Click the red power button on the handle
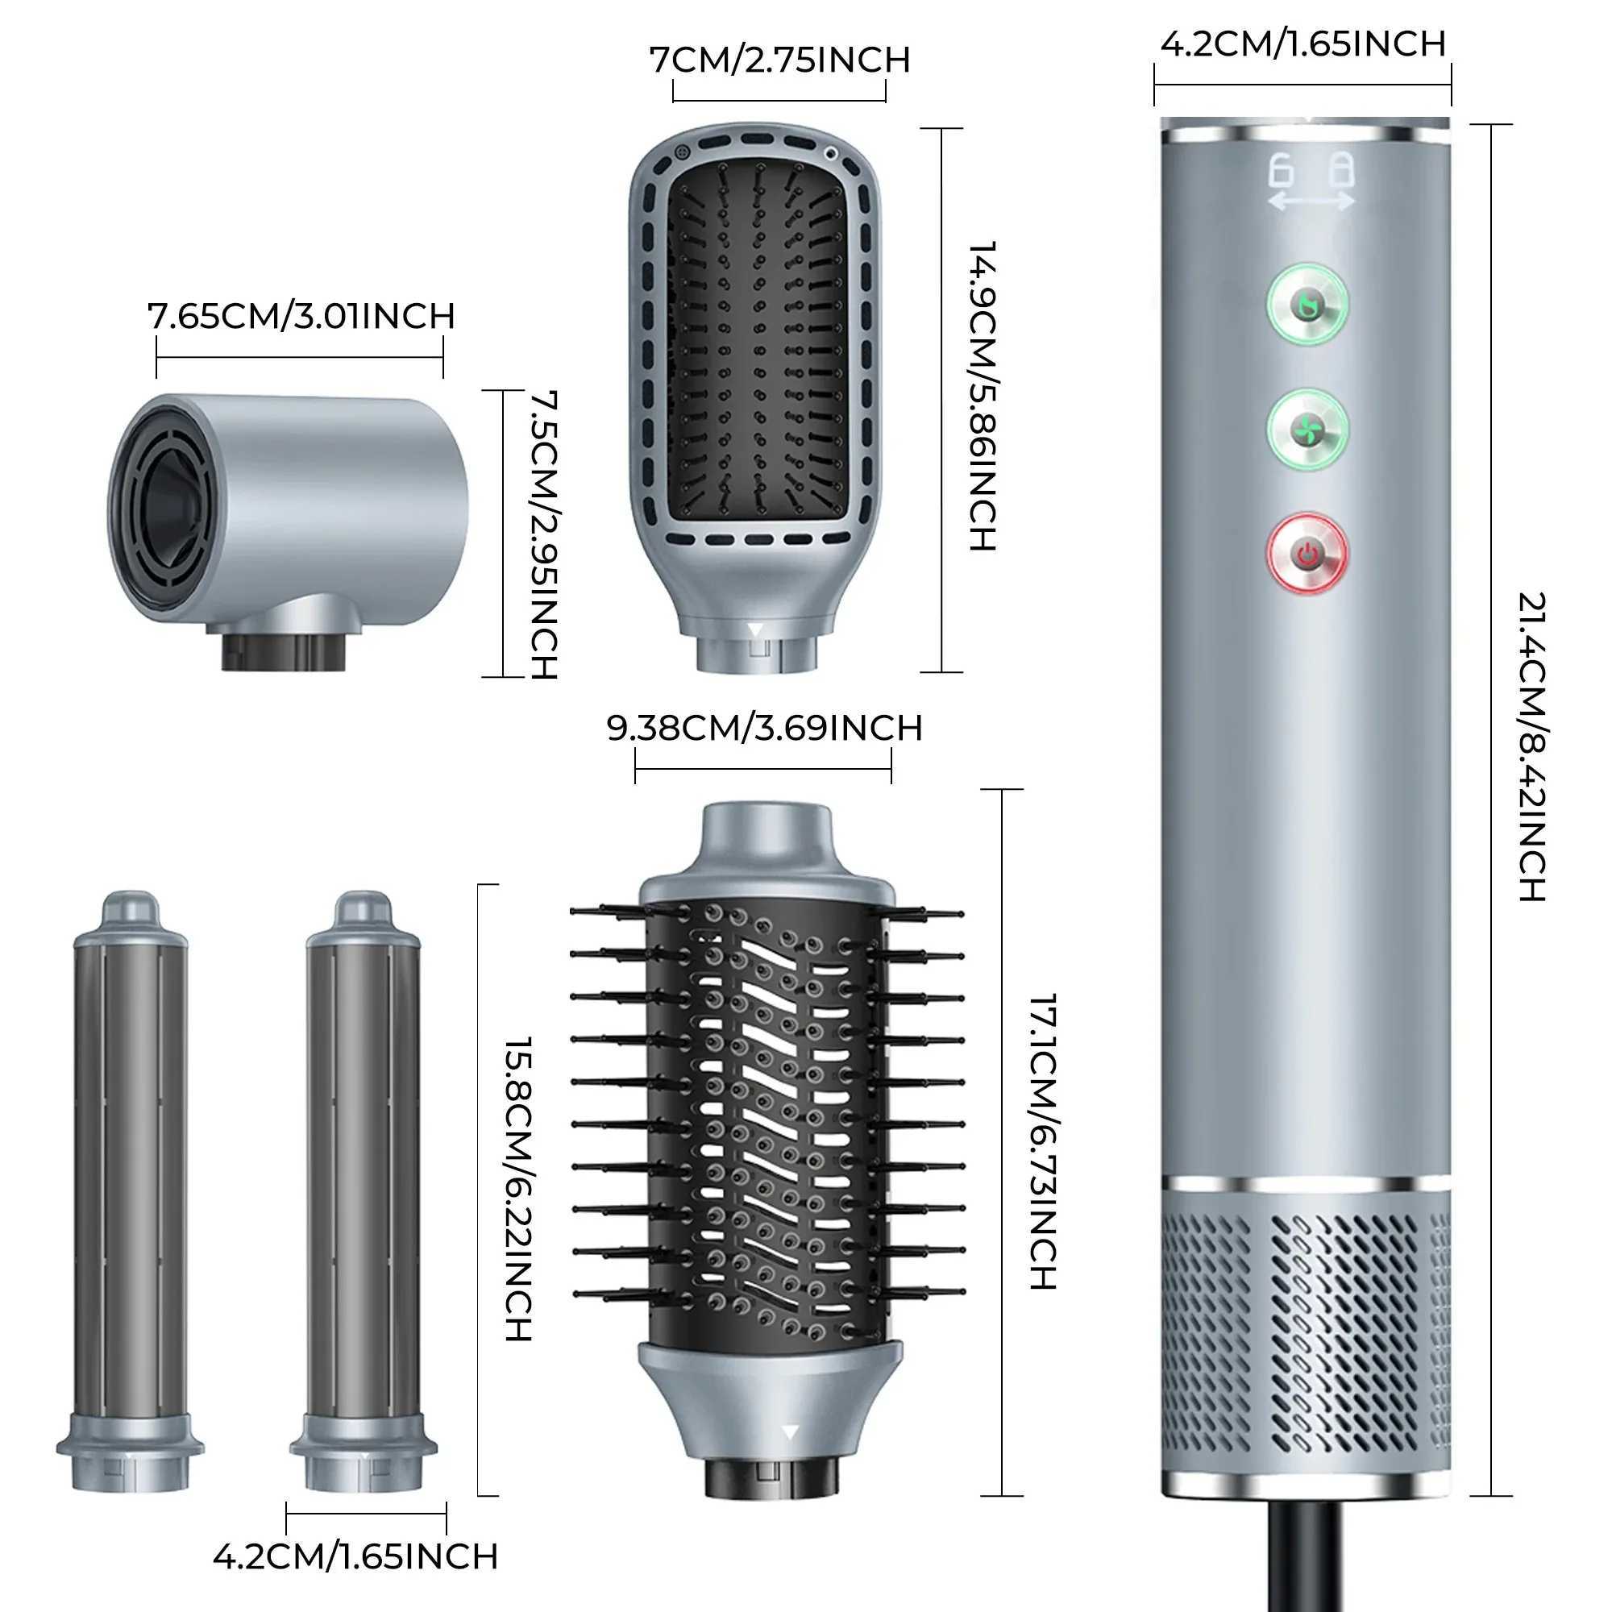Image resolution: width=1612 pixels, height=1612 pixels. [1307, 552]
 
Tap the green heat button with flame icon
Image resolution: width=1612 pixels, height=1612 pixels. [1307, 305]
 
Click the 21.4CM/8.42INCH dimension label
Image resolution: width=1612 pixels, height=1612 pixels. [1531, 747]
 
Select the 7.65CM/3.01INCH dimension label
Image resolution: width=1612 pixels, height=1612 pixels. [301, 317]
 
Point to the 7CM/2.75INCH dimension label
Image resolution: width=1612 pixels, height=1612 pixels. [779, 60]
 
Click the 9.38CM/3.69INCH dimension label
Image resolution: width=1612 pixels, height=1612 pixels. [764, 729]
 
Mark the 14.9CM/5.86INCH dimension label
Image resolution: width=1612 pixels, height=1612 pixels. [983, 397]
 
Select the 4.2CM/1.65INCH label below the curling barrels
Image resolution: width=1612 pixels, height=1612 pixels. [355, 1556]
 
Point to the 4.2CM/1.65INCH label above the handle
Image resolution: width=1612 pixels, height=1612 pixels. [1303, 44]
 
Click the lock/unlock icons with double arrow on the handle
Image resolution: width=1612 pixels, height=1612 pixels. [1311, 181]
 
